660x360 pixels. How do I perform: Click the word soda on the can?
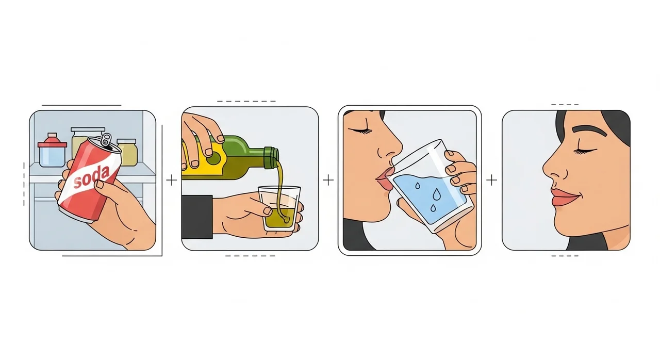coord(92,176)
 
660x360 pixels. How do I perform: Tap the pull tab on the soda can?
coord(106,140)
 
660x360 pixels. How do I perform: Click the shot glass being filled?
coord(279,208)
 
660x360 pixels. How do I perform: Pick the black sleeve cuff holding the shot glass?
coord(197,217)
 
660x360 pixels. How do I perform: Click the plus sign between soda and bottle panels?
coord(172,180)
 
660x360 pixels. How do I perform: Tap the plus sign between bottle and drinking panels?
coord(328,179)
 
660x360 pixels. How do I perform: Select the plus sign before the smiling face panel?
coord(491,180)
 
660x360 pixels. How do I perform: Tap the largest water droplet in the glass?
coord(436,193)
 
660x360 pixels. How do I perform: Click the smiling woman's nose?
coord(554,167)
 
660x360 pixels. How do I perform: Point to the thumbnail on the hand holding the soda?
coord(100,184)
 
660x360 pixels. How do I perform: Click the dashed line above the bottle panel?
coord(246,101)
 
